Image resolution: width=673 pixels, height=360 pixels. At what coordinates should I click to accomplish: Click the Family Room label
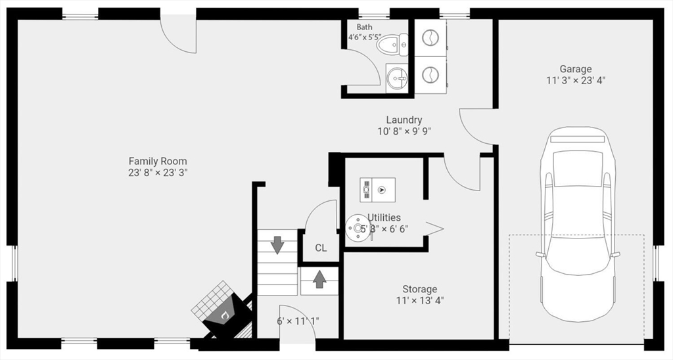click(157, 161)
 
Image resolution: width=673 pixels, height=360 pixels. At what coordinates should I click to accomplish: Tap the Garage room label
click(575, 69)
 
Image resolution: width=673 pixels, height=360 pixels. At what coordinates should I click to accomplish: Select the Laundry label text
click(404, 120)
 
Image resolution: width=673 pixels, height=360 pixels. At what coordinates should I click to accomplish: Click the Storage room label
click(419, 289)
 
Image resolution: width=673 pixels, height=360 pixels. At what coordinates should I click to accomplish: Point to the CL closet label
click(321, 248)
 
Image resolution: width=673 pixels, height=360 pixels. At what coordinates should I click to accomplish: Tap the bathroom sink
click(396, 77)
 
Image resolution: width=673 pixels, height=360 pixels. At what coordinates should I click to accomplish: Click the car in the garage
click(578, 223)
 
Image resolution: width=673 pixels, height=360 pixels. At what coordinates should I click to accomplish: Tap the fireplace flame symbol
click(225, 315)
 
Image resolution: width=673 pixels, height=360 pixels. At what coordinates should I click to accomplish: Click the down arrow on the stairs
click(277, 245)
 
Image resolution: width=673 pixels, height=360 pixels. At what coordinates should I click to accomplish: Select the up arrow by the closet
click(319, 279)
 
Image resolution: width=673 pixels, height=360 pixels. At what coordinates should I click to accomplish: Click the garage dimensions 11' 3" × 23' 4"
click(575, 81)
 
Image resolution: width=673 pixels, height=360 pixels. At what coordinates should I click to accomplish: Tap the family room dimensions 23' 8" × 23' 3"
click(157, 173)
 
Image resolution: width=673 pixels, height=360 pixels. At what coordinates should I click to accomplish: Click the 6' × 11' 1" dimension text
click(298, 321)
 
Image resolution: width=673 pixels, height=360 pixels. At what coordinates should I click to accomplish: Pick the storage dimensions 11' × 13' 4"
click(419, 301)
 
